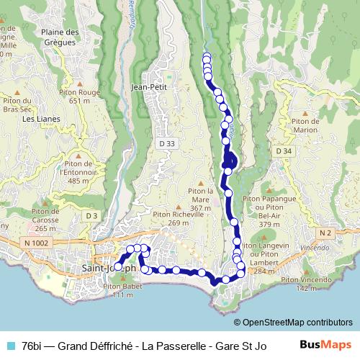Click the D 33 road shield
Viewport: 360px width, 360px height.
[166, 144]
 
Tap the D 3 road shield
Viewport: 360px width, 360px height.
[90, 216]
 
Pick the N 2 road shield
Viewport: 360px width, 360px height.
[325, 233]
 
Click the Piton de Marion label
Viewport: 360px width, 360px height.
[305, 125]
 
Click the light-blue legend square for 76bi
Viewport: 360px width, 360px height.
[10, 346]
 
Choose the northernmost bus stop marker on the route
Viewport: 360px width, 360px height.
[207, 58]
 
